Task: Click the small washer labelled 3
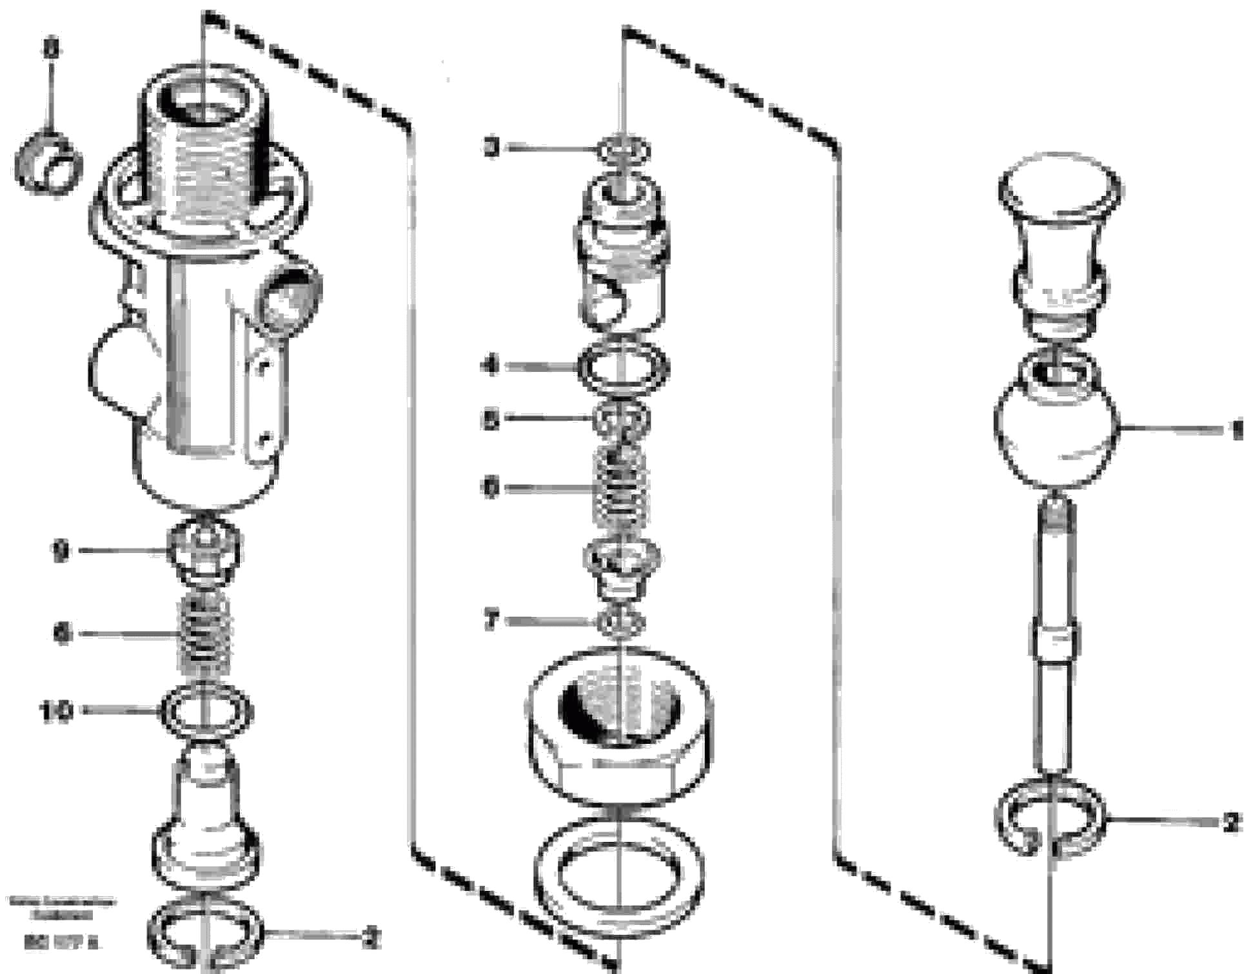click(622, 150)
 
